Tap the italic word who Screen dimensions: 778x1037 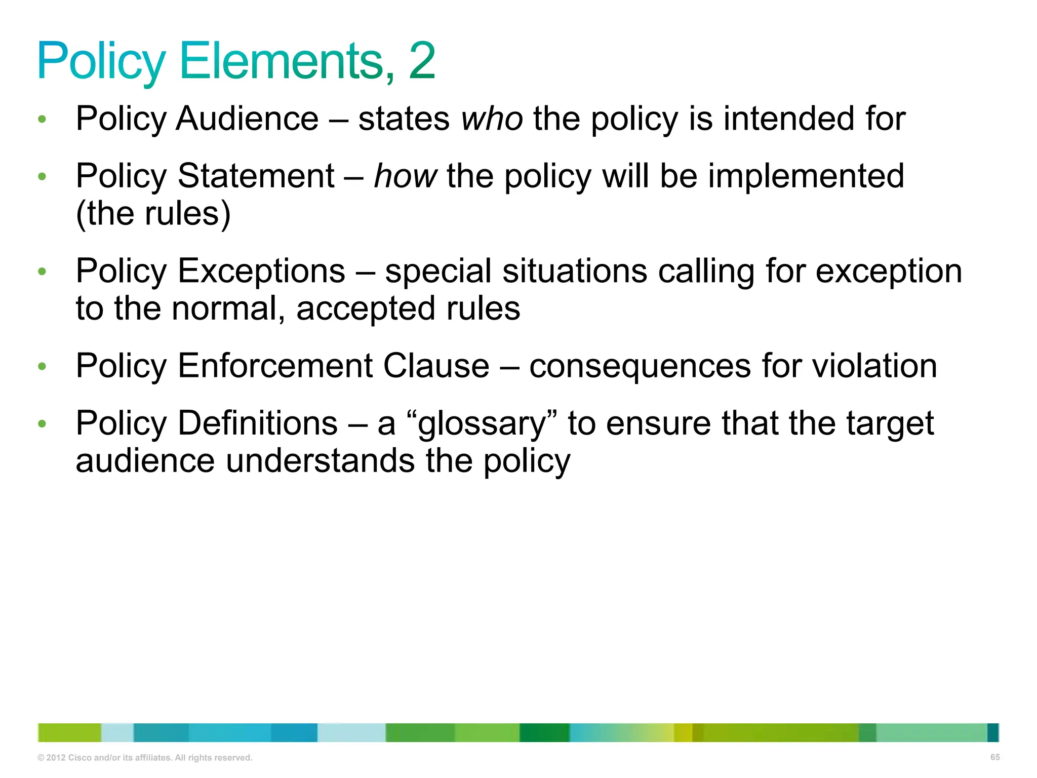coord(492,119)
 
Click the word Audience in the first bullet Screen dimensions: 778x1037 coord(248,119)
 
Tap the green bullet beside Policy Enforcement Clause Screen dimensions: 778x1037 coord(42,366)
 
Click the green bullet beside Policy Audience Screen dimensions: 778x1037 coord(42,120)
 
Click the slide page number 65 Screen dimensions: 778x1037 coord(994,757)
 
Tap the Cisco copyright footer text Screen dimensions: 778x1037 coord(145,758)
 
